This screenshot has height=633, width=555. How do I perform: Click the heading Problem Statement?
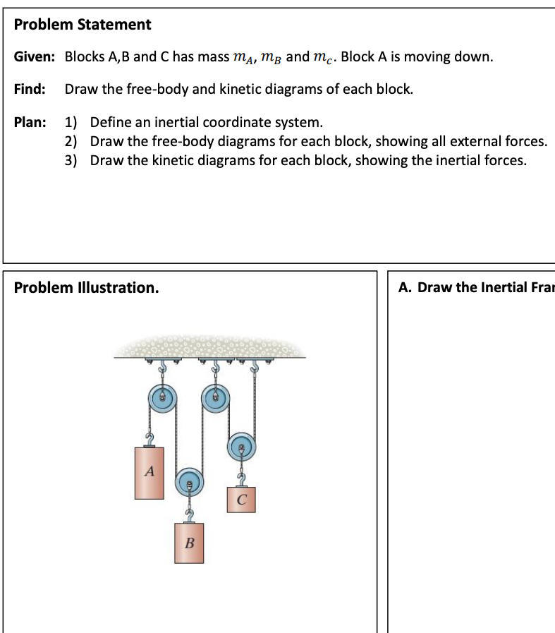pos(83,25)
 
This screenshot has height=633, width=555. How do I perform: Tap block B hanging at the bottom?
pos(188,542)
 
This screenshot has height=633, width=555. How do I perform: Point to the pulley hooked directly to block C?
pos(242,446)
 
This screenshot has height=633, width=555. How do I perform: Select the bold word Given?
pos(35,56)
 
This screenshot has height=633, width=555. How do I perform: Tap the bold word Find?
pos(30,90)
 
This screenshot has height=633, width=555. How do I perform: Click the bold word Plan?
pos(31,122)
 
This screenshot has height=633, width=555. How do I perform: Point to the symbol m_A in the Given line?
pos(243,58)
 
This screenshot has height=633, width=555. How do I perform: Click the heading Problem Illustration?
pos(86,288)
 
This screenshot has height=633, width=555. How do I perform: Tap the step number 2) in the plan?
pos(71,141)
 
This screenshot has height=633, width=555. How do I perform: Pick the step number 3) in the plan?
pos(71,160)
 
